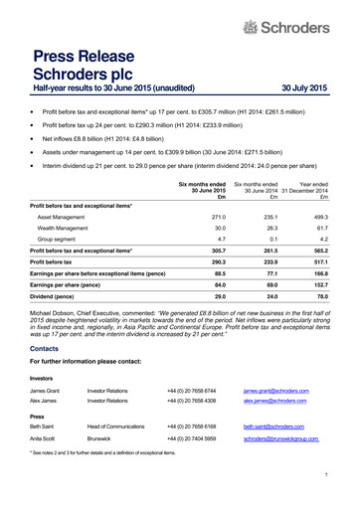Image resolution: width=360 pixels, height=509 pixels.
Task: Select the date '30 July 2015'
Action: point(304,88)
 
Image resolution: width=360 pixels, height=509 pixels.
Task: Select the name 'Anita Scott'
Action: point(47,438)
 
